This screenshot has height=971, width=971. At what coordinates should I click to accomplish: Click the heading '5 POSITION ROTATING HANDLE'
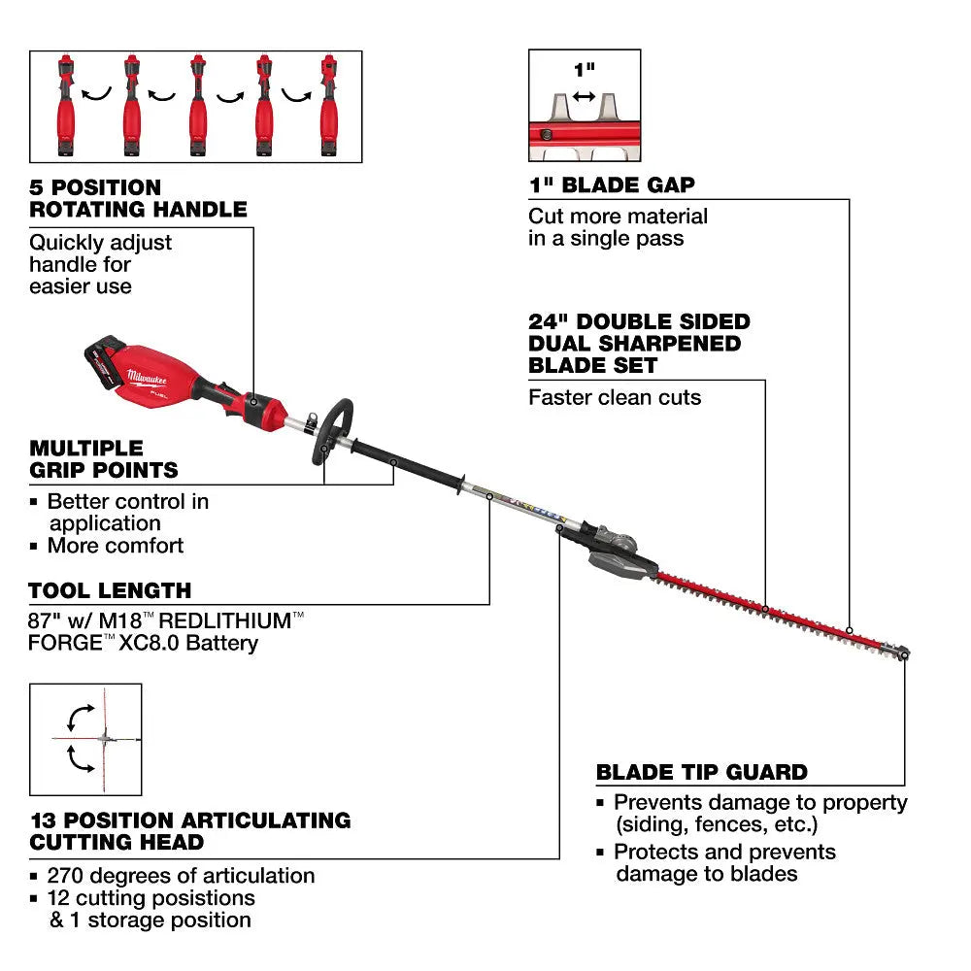click(x=138, y=197)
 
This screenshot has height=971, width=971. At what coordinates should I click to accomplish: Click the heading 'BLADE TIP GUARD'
click(x=701, y=773)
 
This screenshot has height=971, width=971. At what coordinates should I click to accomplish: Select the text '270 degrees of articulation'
click(x=182, y=876)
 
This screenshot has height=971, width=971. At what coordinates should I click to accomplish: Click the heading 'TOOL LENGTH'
click(x=110, y=590)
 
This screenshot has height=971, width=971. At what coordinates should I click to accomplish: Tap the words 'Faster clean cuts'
click(x=614, y=397)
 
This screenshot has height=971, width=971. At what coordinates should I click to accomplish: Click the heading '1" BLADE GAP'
click(x=611, y=185)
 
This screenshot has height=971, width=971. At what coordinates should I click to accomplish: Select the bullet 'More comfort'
click(x=115, y=546)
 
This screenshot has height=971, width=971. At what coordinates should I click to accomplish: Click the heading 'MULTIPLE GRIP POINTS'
click(x=104, y=459)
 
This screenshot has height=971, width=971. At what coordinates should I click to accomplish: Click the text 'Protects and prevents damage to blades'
click(x=723, y=862)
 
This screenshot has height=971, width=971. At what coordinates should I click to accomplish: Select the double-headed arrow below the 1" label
click(x=584, y=96)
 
